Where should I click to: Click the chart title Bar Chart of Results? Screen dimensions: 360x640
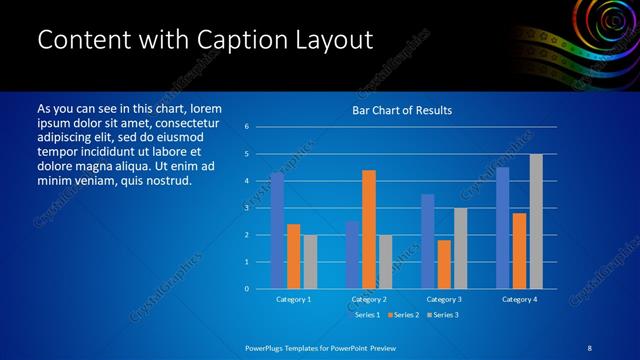point(402,110)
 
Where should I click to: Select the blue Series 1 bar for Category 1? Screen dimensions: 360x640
point(277,231)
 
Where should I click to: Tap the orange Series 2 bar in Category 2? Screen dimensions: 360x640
point(368,229)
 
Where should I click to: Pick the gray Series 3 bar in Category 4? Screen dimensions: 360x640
point(536,221)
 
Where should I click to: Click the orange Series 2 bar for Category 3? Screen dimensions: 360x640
point(444,264)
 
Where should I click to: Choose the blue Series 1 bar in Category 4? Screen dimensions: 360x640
point(503,228)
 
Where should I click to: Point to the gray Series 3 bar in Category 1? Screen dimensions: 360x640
point(310,262)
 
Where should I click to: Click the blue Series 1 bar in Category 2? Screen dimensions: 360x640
point(352,255)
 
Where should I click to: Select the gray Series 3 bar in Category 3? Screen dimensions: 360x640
point(460,248)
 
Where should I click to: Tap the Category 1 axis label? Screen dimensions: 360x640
point(293,299)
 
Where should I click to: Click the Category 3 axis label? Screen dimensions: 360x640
point(444,299)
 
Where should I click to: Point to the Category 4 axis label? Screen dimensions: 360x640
point(519,299)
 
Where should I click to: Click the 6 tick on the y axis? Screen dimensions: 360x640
point(246,127)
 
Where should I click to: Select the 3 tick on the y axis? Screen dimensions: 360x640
point(246,208)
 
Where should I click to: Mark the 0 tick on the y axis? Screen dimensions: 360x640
point(246,289)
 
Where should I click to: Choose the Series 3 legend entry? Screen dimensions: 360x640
point(445,316)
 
